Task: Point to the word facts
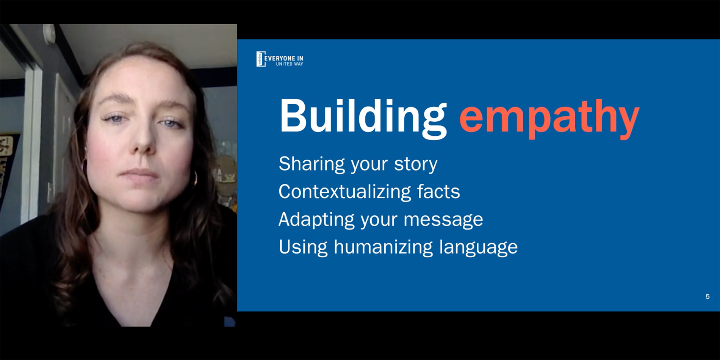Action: pyautogui.click(x=438, y=191)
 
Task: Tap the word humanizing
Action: pyautogui.click(x=383, y=247)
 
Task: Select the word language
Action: pyautogui.click(x=478, y=247)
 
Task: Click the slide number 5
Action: pyautogui.click(x=707, y=297)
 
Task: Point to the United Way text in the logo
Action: pyautogui.click(x=290, y=64)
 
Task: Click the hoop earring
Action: pyautogui.click(x=195, y=178)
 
